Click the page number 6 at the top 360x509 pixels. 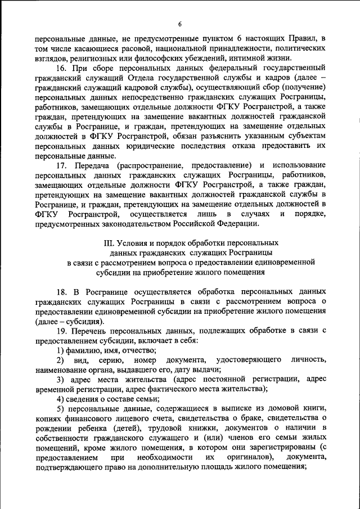click(180, 24)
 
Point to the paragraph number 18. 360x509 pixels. click(62, 293)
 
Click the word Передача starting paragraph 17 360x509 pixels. click(94, 165)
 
